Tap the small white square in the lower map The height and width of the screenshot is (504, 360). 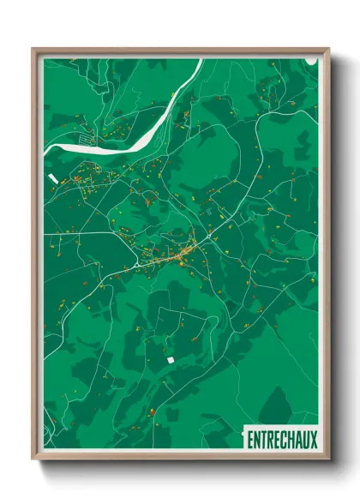pyautogui.click(x=170, y=360)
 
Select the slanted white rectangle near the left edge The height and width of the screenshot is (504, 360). pyautogui.click(x=53, y=178)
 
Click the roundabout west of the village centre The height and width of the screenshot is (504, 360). pyautogui.click(x=136, y=266)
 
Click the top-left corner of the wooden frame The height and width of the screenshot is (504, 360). pyautogui.click(x=33, y=49)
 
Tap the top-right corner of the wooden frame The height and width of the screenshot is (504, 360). pyautogui.click(x=328, y=49)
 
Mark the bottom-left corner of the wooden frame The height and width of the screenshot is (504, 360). pyautogui.click(x=33, y=460)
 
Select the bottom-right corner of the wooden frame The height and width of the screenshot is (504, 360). pyautogui.click(x=328, y=460)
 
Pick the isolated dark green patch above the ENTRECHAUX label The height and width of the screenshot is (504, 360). pyautogui.click(x=276, y=404)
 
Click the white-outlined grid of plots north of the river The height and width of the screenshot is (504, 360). pyautogui.click(x=86, y=135)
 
